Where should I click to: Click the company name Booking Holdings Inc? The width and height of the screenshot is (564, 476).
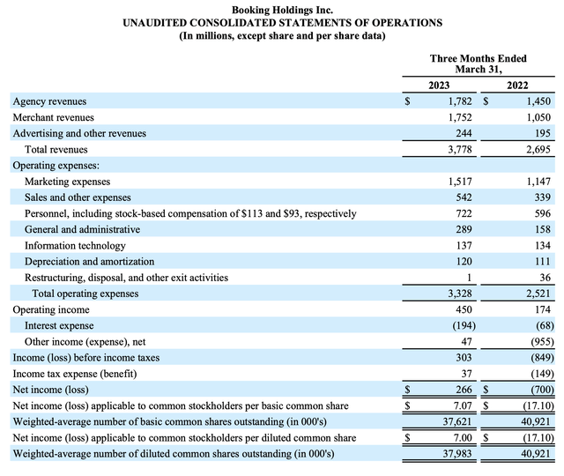(281, 8)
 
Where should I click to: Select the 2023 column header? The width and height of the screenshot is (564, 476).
(439, 86)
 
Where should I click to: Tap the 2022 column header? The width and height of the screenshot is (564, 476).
(518, 86)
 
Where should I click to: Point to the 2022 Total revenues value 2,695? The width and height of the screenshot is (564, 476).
(539, 150)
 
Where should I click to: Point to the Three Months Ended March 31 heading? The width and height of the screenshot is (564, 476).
(478, 63)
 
